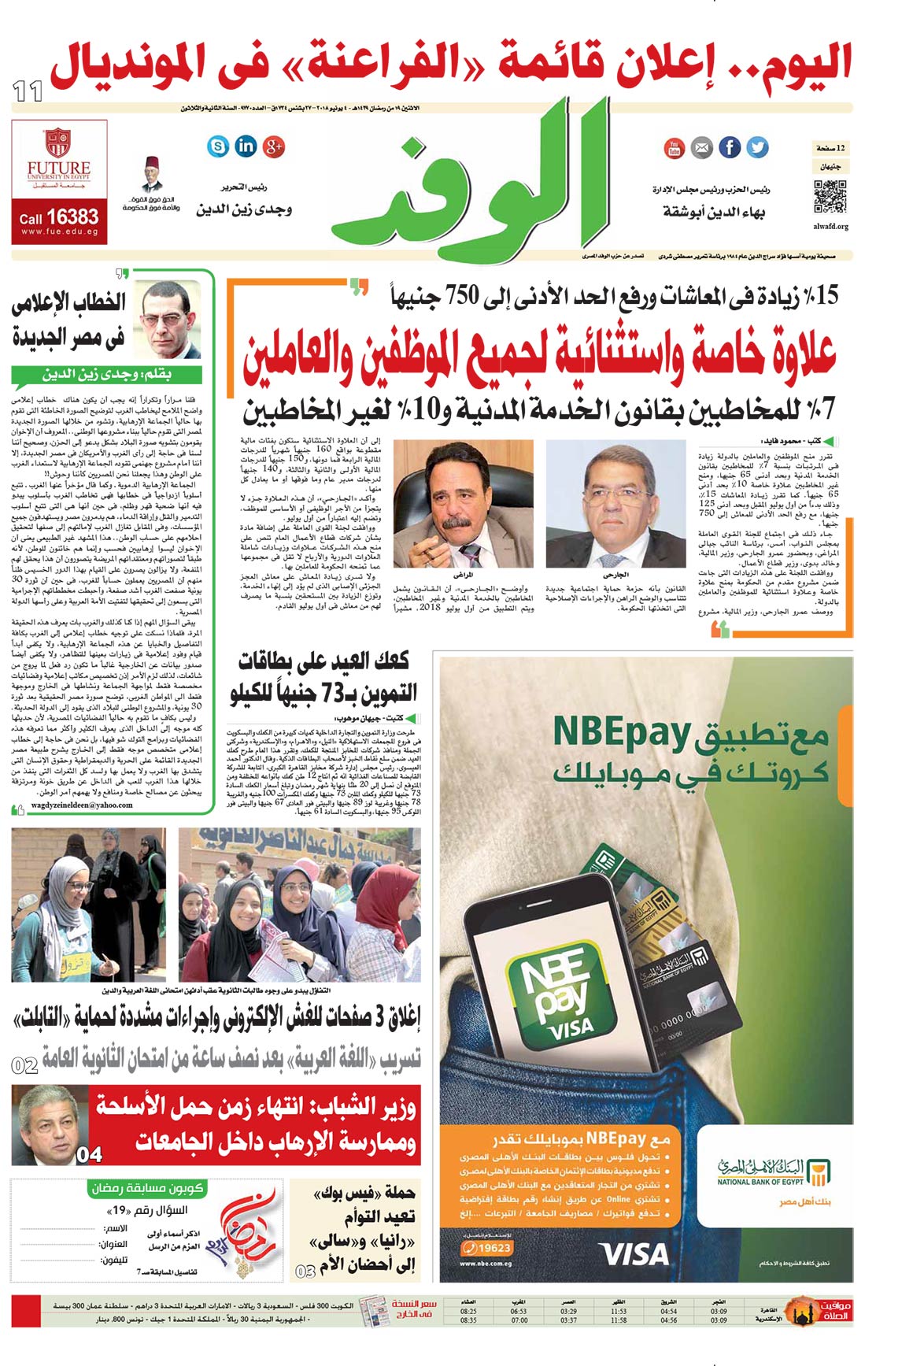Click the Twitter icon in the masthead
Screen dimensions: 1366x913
(757, 147)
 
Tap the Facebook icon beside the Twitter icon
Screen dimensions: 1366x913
(730, 147)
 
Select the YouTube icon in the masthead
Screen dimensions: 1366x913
(675, 147)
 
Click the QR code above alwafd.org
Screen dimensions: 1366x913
(830, 196)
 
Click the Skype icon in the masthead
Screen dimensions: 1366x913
(218, 146)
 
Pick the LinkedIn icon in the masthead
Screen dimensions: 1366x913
(246, 146)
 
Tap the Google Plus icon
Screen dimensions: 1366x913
(274, 146)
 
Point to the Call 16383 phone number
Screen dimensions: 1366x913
(59, 217)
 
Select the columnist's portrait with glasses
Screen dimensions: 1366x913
(168, 318)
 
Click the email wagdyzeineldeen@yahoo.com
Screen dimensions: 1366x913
(82, 805)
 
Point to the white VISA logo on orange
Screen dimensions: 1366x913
(633, 1253)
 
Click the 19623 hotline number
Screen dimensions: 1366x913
(487, 1248)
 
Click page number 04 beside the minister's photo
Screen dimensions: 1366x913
(89, 1154)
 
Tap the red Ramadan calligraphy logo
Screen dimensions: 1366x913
(248, 1227)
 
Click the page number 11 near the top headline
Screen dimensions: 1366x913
(28, 91)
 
